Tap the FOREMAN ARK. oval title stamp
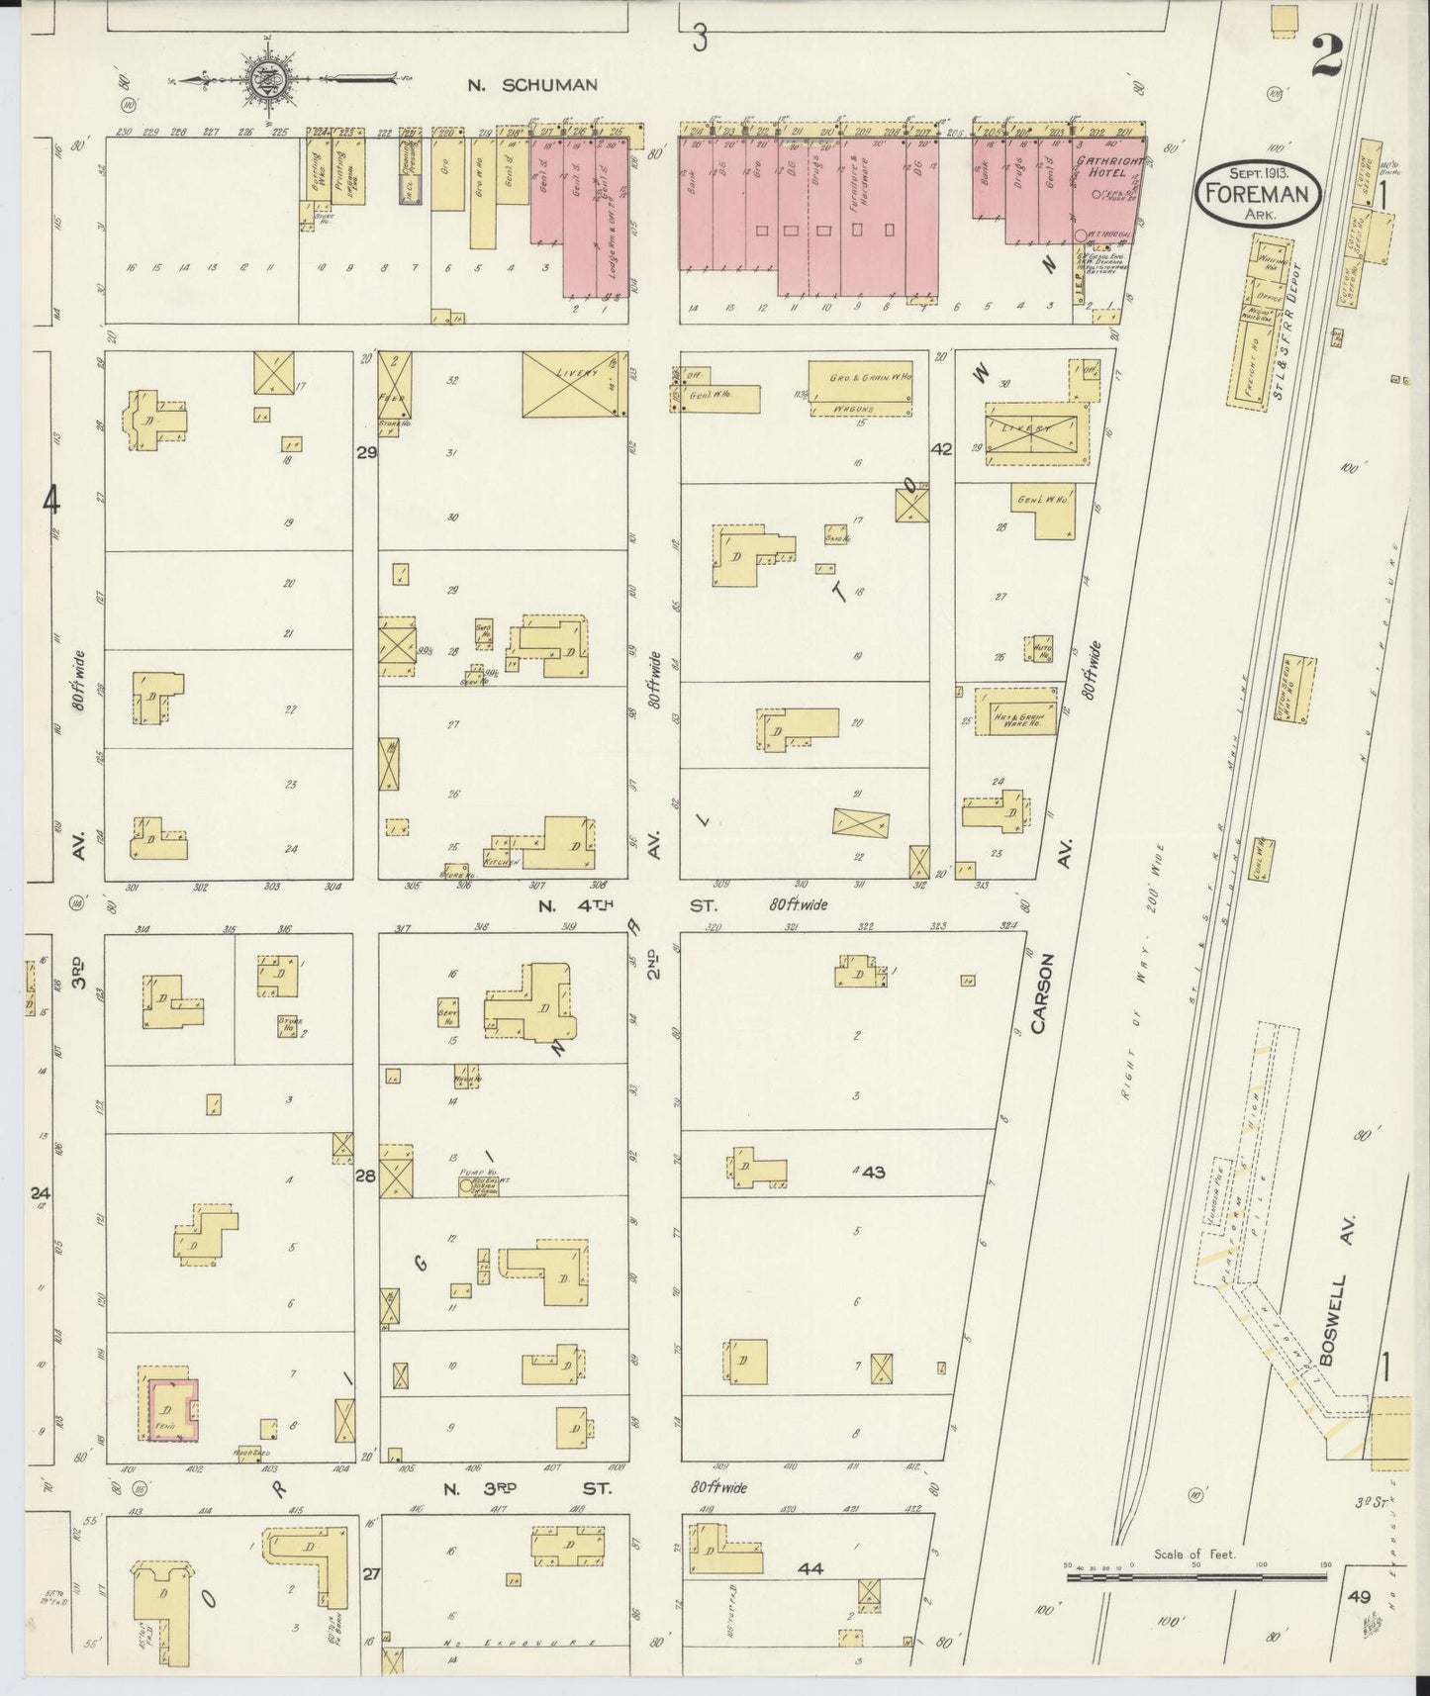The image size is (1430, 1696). (x=1257, y=193)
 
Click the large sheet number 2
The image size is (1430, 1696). (x=1326, y=56)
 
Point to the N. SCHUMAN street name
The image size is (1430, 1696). (x=533, y=85)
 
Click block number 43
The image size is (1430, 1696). (x=872, y=1173)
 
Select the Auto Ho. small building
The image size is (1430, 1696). (x=1042, y=648)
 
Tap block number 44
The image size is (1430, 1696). (x=810, y=1568)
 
